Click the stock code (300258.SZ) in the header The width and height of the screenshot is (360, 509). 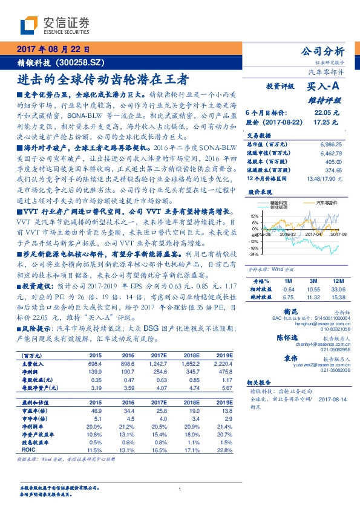[x=83, y=62]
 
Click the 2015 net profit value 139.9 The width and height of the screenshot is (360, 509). [x=96, y=371]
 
